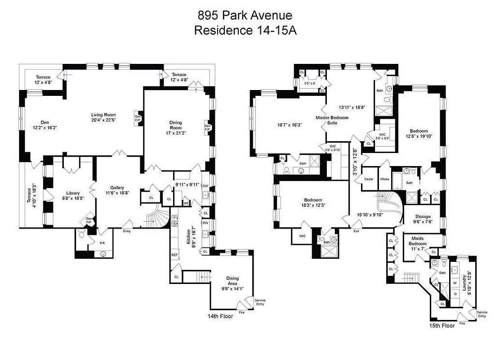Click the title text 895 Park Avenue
click(245, 16)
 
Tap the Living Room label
click(104, 115)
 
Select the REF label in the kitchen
click(174, 255)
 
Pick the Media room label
click(384, 179)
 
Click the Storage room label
click(423, 216)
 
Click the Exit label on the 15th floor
click(356, 231)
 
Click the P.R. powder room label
click(102, 243)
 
